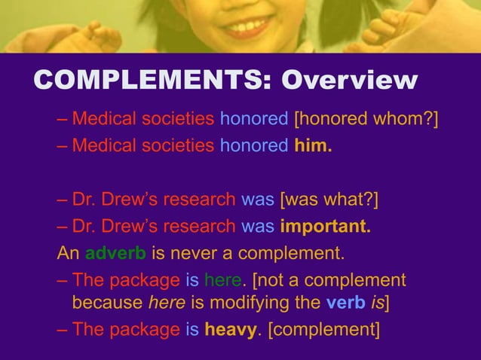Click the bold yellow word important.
click(x=325, y=226)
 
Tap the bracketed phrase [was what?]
click(x=329, y=200)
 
